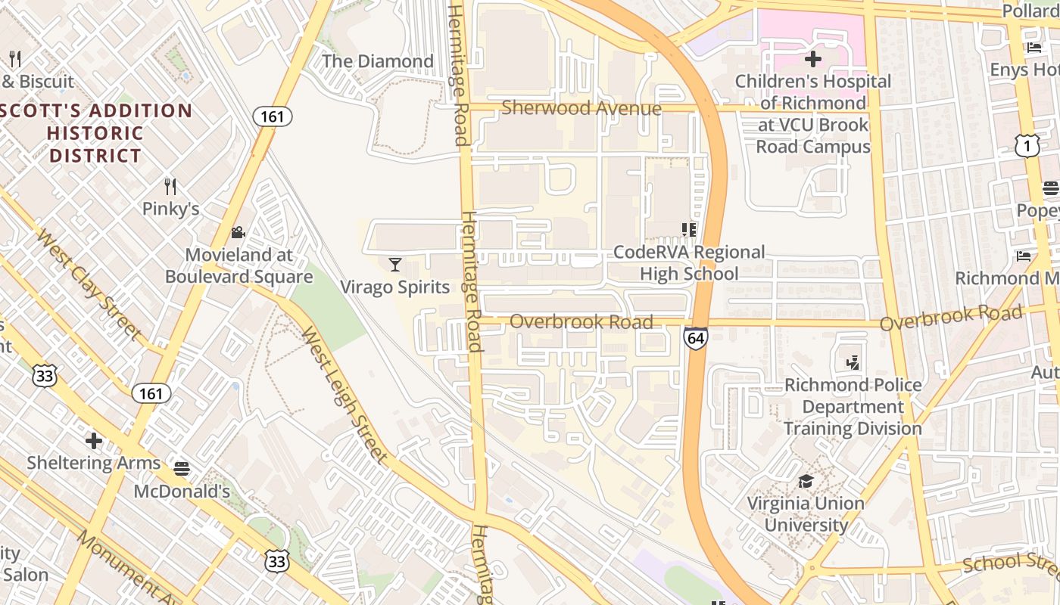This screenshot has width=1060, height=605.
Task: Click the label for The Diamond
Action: pos(378,61)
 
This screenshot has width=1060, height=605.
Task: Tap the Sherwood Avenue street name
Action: pos(581,108)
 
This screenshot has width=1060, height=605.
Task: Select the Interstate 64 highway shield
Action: pos(695,337)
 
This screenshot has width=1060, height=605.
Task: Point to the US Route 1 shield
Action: pos(1027,147)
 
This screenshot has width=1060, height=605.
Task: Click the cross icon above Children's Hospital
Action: pos(813,59)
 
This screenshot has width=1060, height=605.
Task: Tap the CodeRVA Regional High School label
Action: pos(689,262)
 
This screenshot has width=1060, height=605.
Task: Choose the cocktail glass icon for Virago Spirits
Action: pos(394,264)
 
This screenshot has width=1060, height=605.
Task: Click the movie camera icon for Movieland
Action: pos(238,232)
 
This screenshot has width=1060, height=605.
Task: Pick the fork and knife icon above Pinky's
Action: pos(170,186)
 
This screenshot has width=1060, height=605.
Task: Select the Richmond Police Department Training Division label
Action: pos(853,407)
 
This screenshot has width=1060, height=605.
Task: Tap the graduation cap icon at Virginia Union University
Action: pos(806,482)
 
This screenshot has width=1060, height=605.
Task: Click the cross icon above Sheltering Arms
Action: pos(94,440)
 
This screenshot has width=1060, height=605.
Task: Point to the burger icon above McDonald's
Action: pos(182,469)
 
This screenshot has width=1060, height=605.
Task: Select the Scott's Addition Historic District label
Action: pos(95,133)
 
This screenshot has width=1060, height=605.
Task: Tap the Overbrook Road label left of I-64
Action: pos(581,322)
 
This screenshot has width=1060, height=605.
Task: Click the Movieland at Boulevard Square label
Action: pos(238,265)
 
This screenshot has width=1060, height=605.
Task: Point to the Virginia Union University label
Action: pos(806,514)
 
